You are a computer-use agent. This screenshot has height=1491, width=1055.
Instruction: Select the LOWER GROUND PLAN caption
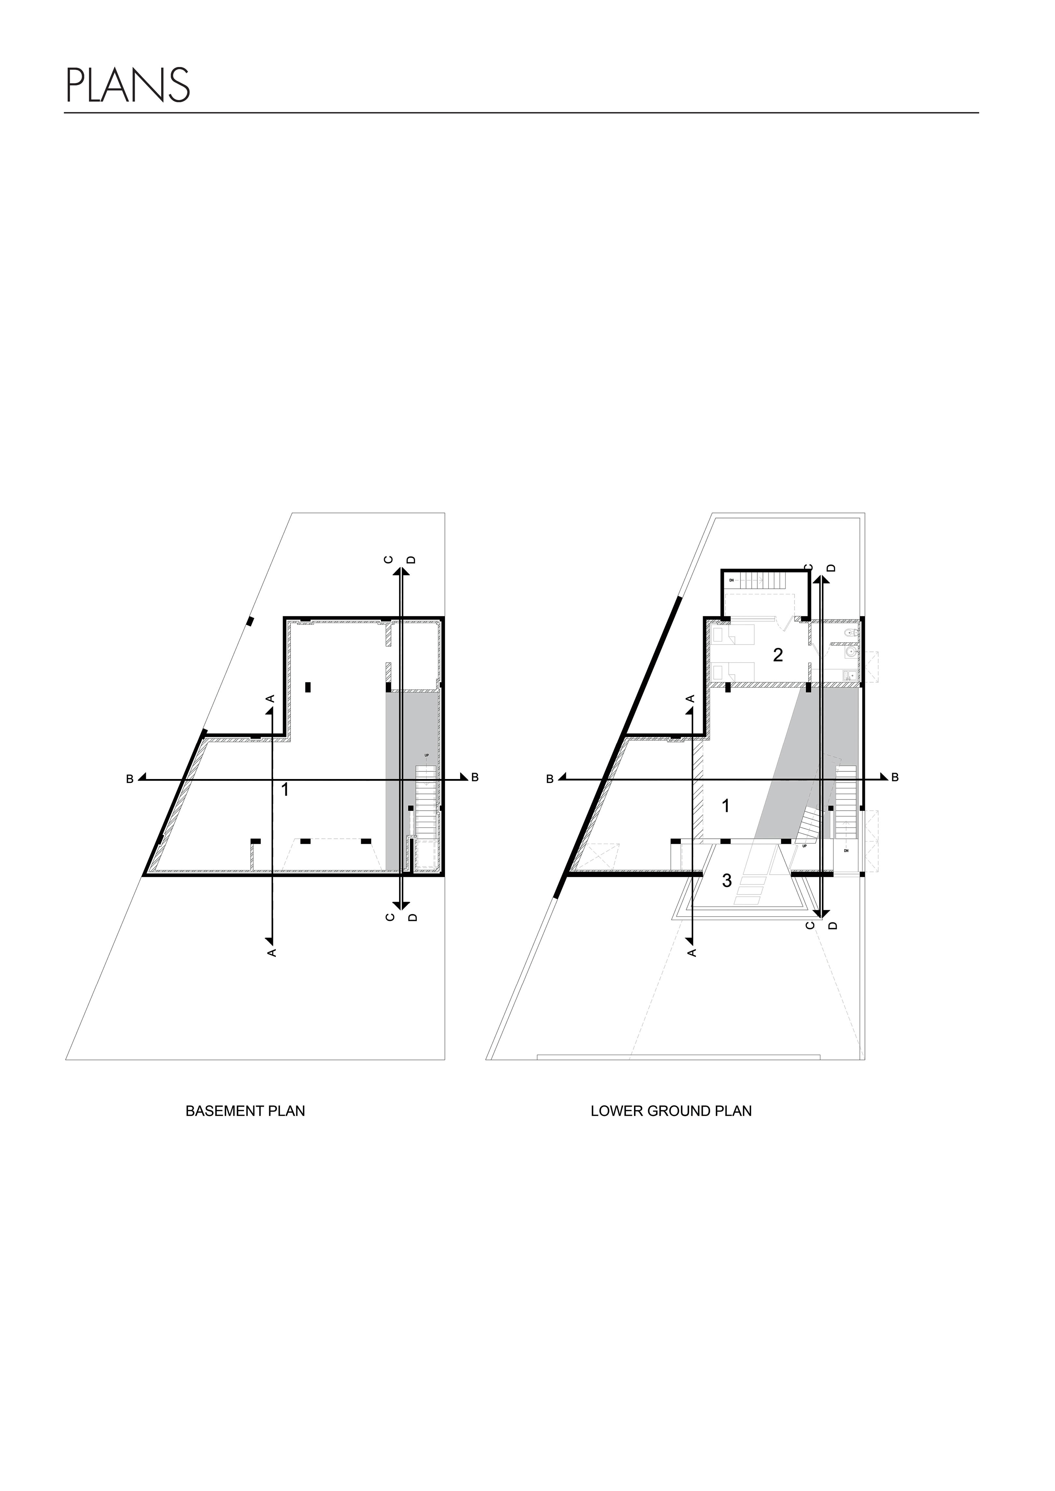click(x=671, y=1111)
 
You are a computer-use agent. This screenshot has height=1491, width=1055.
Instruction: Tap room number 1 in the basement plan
click(x=285, y=790)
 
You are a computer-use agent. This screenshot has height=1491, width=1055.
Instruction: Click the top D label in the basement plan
click(x=411, y=560)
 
